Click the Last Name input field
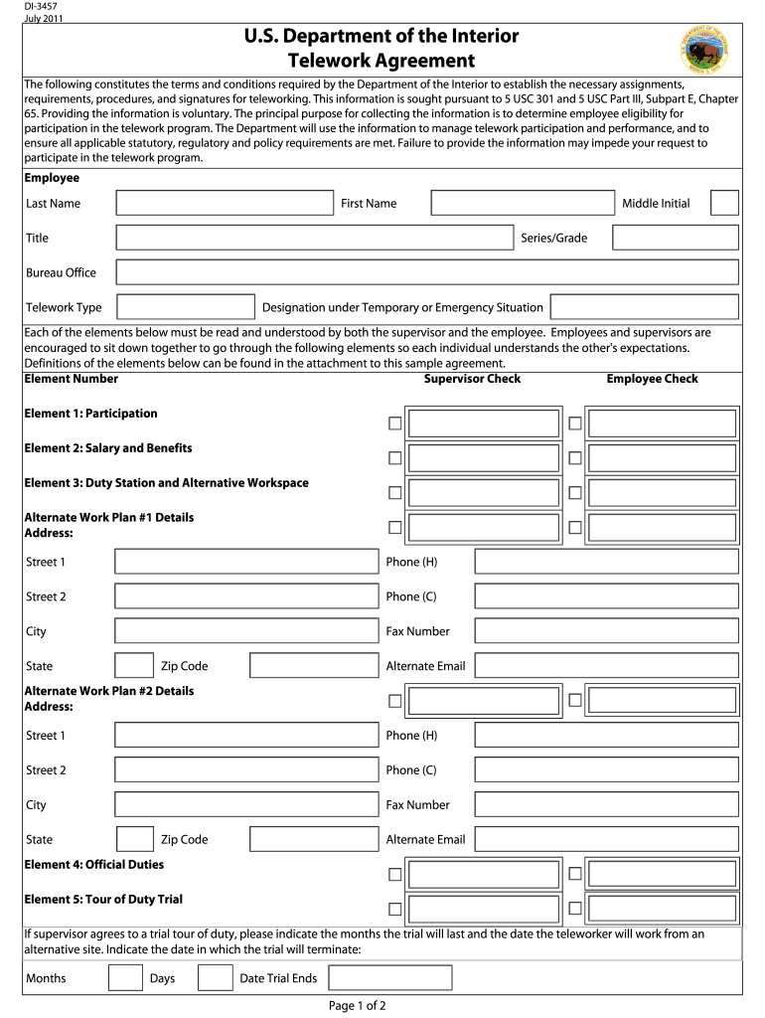pos(225,203)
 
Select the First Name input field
pos(524,203)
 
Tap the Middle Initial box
pos(725,203)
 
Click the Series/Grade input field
pos(676,238)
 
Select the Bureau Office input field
pos(427,272)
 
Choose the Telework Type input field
pos(186,307)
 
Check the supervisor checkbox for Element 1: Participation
pos(395,424)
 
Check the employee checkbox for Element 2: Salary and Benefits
pos(575,457)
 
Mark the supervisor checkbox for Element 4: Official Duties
pos(395,875)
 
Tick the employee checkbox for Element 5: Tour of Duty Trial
pos(575,909)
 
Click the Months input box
pos(125,978)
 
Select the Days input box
pos(216,978)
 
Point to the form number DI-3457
pos(41,7)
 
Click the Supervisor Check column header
pos(472,379)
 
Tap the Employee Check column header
pos(652,379)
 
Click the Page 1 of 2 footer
pos(357,1005)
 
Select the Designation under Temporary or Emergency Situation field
pos(644,307)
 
